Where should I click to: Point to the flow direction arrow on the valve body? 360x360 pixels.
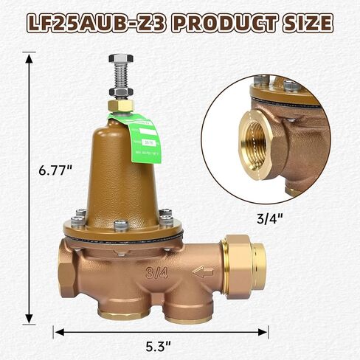tap(203, 272)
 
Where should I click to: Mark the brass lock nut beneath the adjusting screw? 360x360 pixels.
tap(120, 105)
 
